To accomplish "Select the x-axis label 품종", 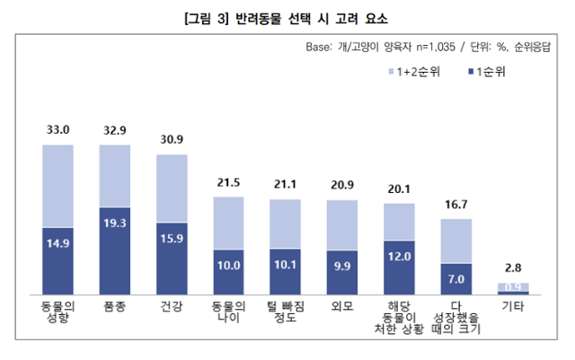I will [x=115, y=307].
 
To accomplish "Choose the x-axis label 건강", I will [x=172, y=307].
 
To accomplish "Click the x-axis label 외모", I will [x=342, y=307].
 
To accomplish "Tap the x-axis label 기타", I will [x=513, y=307].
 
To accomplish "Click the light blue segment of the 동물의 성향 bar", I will [x=58, y=184].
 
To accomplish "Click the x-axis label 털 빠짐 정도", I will [x=286, y=312].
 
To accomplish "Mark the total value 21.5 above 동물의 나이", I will [x=229, y=182].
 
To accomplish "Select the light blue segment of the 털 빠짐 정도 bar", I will [x=286, y=223].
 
